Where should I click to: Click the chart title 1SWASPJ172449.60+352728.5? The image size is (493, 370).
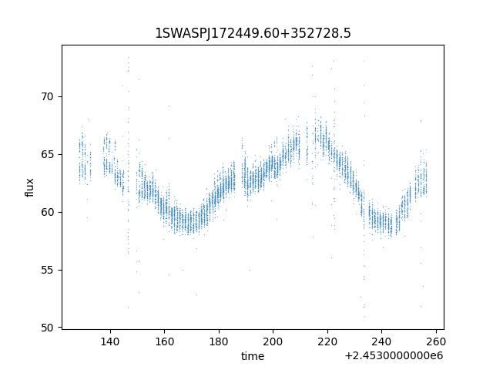tap(253, 33)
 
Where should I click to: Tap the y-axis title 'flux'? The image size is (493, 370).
tap(29, 187)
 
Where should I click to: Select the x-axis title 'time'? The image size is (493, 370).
tap(253, 356)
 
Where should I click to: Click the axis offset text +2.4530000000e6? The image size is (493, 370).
tap(394, 355)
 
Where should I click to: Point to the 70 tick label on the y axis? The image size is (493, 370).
tap(47, 96)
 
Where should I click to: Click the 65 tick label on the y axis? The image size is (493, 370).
tap(47, 154)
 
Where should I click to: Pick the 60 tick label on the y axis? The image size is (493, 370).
tap(47, 212)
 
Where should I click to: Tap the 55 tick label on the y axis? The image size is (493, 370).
tap(47, 270)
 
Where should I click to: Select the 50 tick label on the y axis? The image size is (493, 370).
tap(47, 328)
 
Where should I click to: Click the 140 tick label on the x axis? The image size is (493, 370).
tap(110, 341)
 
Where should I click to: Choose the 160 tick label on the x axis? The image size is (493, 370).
tap(164, 341)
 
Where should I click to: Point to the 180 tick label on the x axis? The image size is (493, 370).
tap(219, 341)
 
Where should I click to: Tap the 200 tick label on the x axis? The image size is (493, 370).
tap(273, 341)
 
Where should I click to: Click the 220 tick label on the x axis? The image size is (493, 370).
tap(327, 341)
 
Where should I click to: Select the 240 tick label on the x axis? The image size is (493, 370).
tap(381, 341)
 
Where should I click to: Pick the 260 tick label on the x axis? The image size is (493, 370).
tap(436, 341)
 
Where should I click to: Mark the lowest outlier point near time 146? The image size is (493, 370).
tap(128, 308)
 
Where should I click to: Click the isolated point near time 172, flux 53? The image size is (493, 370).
tap(197, 294)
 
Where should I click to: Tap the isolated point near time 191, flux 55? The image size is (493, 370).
tap(250, 270)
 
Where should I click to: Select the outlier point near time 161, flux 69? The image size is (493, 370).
tap(169, 106)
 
